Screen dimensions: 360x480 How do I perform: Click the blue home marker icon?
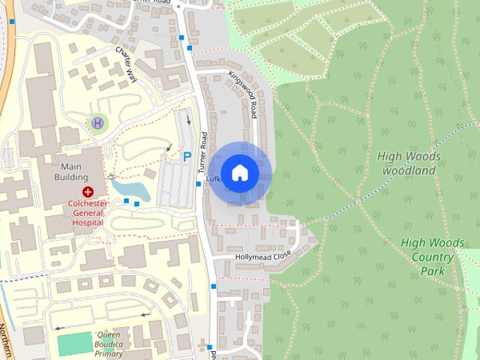tap(239, 173)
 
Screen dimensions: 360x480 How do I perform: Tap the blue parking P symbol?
tap(187, 157)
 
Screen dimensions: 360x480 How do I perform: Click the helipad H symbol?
tap(97, 122)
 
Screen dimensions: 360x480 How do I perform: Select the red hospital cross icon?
tap(88, 192)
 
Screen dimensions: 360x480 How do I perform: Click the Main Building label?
tap(70, 172)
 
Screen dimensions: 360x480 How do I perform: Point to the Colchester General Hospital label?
tap(88, 212)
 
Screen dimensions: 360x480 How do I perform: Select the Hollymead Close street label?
tap(262, 256)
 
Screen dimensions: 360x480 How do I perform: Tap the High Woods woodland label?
tap(409, 163)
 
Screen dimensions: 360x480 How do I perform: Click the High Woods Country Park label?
tap(427, 256)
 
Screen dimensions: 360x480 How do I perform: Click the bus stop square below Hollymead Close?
tap(214, 286)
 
